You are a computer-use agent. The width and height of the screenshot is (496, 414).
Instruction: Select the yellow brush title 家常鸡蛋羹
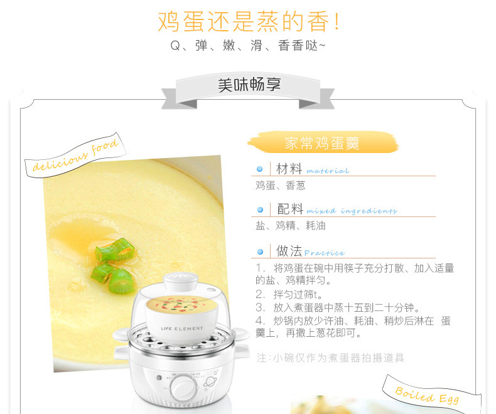[322, 143]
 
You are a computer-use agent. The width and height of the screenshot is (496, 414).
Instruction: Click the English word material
[328, 171]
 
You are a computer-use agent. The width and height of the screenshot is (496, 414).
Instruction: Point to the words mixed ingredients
[352, 211]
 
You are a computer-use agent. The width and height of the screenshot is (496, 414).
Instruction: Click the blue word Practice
[324, 253]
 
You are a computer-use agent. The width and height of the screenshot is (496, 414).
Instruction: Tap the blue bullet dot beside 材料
[260, 169]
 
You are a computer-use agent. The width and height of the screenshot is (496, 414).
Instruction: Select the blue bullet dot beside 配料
[260, 210]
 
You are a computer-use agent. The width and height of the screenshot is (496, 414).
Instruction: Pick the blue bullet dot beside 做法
[260, 252]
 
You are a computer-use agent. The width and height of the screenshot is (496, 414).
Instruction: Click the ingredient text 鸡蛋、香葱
[280, 186]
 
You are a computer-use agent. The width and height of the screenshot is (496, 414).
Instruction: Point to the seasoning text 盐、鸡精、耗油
[291, 226]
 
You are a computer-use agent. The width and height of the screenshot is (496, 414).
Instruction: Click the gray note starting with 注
[330, 358]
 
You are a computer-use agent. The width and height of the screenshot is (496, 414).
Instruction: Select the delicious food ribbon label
[75, 156]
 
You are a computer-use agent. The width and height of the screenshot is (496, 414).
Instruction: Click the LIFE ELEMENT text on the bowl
[182, 329]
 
